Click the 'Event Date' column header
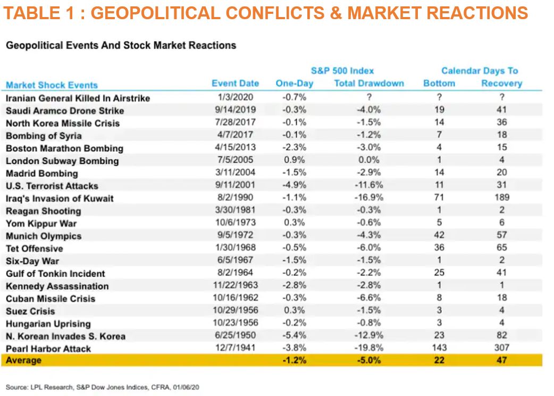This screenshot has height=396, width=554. pos(235,84)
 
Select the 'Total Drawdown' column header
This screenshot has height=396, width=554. pos(369,84)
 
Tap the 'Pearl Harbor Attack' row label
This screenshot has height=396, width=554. pos(48,349)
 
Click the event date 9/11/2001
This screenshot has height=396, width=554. pos(237,185)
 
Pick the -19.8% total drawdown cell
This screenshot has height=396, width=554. pos(369,348)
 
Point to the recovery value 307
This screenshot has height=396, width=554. pos(501,348)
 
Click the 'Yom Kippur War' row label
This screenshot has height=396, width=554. pos(41,224)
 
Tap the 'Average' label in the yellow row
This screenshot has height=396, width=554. pos(23,361)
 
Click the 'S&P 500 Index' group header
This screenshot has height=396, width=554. pos(342,71)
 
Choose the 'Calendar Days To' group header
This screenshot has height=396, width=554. pos(480,71)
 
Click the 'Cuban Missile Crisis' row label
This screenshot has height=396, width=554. pos(51,299)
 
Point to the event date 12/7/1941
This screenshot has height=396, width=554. pos(237,348)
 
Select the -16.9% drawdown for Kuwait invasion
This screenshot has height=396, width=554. pos(369,198)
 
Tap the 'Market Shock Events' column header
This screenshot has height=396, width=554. pos(52,85)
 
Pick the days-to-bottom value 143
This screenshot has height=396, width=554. pos(439,348)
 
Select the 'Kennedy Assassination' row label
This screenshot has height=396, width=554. pos(57,286)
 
